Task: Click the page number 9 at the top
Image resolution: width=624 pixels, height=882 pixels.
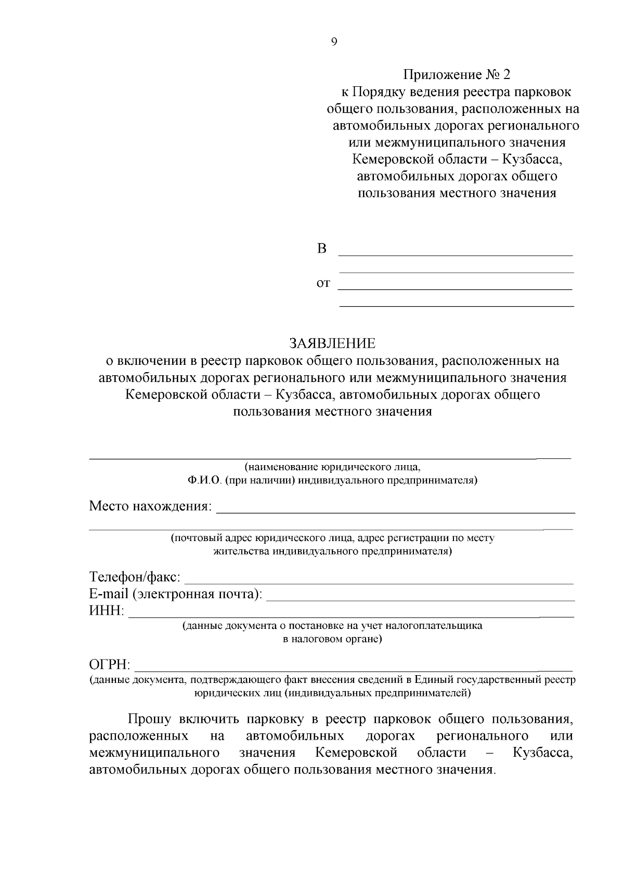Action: [333, 43]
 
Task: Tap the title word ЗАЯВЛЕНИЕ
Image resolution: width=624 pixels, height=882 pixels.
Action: [332, 344]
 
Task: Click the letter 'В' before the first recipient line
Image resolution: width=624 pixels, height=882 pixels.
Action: [322, 249]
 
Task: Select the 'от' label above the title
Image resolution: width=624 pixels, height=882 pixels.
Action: [323, 283]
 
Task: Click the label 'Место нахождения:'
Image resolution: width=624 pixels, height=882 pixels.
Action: [150, 506]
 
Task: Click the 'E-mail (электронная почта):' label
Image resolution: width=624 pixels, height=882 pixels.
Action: [176, 594]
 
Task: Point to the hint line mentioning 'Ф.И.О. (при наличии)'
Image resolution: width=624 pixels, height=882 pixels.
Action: [332, 480]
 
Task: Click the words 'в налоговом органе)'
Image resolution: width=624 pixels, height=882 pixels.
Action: [332, 639]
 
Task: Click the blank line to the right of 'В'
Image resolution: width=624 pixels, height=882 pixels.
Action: [456, 255]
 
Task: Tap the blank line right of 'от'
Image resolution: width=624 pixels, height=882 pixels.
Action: [456, 288]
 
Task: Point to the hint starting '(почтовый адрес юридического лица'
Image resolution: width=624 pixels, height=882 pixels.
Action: [332, 538]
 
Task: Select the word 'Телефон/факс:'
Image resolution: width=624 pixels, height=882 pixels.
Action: [135, 577]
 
